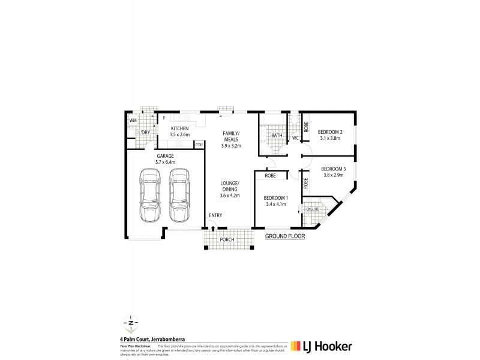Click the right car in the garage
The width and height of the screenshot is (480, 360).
(x=178, y=195)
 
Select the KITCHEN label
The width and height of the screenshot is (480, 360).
(x=179, y=129)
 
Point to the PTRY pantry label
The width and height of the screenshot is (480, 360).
(x=199, y=145)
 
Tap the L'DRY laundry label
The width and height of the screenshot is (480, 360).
(x=144, y=133)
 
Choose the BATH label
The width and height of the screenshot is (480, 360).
(x=277, y=136)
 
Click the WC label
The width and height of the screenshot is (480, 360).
(x=295, y=138)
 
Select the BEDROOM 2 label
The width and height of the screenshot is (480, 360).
(x=330, y=131)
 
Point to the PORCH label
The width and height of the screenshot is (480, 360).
(x=227, y=240)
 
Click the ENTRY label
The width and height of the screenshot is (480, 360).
(x=215, y=215)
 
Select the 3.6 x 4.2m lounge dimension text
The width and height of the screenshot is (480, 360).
(x=230, y=195)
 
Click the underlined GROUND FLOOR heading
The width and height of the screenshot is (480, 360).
(x=285, y=237)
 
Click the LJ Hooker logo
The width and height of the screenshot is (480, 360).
(x=321, y=346)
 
